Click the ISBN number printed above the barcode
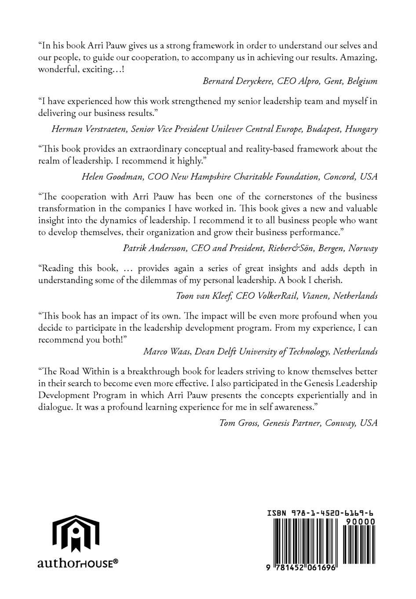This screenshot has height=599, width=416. pos(321,513)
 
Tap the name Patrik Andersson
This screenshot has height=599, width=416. pos(155,248)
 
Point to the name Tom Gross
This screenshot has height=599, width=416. pos(239,423)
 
